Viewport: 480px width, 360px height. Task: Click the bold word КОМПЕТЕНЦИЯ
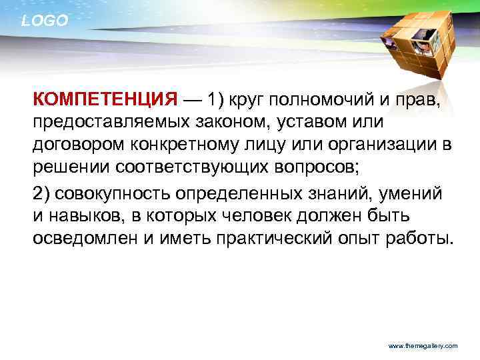point(105,101)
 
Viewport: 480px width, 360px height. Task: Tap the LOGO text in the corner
point(45,21)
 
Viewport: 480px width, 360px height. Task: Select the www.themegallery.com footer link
point(423,346)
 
